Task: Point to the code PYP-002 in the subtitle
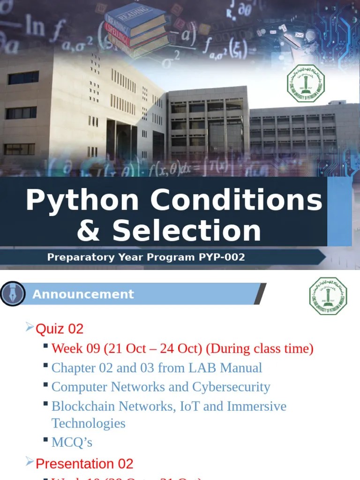coord(221,257)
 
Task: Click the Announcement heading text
coord(83,294)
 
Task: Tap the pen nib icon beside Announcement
coord(12,294)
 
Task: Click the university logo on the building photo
coord(305,83)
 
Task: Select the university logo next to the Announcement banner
coord(328,296)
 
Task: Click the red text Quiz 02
coord(60,329)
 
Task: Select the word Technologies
coord(89,423)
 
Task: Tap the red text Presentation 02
coord(84,464)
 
